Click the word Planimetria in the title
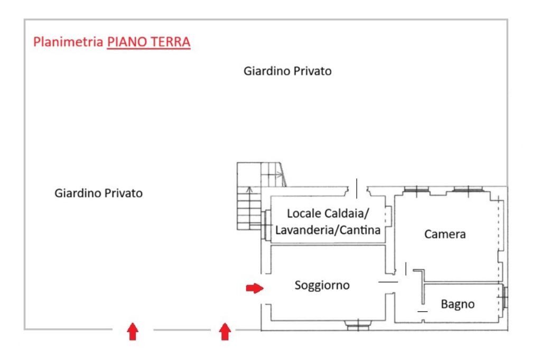68,42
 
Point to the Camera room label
445,234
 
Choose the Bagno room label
458,304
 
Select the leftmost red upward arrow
133,331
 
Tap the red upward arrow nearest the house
225,331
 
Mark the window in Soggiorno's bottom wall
357,325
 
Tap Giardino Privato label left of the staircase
98,193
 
